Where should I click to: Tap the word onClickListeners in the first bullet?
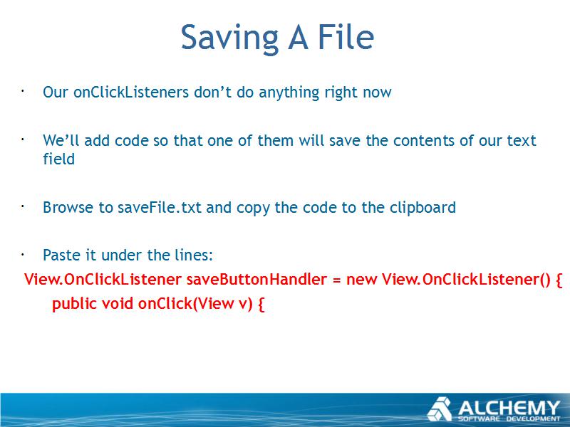point(131,92)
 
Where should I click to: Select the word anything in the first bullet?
point(289,93)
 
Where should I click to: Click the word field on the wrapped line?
point(59,159)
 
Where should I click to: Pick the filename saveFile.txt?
point(159,207)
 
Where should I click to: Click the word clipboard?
point(423,208)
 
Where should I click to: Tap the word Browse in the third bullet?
point(68,207)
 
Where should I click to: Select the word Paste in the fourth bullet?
point(61,255)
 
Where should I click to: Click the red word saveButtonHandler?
point(256,279)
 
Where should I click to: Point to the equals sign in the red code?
point(336,280)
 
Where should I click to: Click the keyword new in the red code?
point(362,280)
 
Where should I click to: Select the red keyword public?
point(75,304)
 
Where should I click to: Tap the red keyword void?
point(118,304)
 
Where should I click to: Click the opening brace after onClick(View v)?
point(261,304)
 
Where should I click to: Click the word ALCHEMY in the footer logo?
point(509,407)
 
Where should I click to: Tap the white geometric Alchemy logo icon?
point(440,409)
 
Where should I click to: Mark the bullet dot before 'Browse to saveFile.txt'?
point(22,206)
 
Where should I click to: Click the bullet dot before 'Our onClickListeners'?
point(22,91)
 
